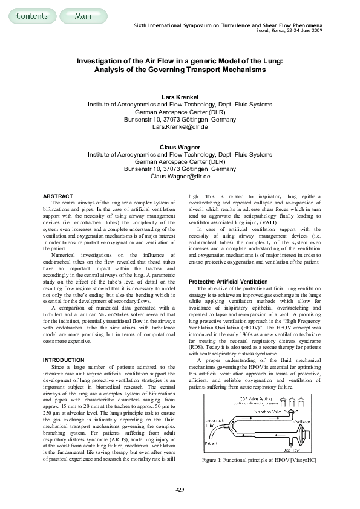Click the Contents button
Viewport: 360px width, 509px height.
[28, 16]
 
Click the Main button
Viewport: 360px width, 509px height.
[83, 16]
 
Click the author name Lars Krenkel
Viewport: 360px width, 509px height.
[180, 97]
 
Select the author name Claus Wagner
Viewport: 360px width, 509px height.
[180, 147]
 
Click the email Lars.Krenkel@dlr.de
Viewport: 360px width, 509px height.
[180, 126]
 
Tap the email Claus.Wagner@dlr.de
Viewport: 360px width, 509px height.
[180, 176]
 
